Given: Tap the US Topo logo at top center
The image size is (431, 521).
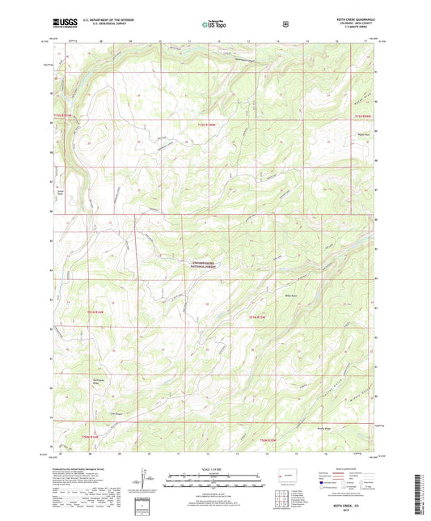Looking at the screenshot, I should click(215, 24).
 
